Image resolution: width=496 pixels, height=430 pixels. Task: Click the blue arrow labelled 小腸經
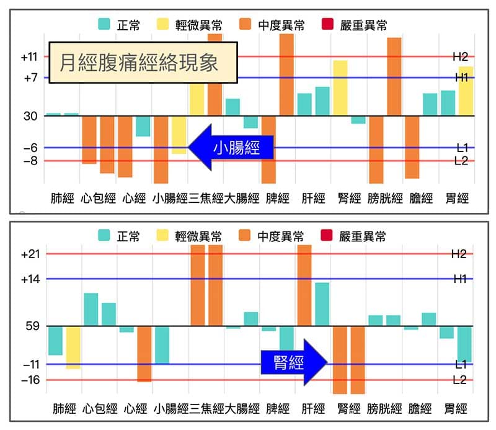pyautogui.click(x=231, y=148)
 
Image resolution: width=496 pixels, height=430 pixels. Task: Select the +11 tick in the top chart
pyautogui.click(x=29, y=57)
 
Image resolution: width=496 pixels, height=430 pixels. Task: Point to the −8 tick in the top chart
pyautogui.click(x=29, y=161)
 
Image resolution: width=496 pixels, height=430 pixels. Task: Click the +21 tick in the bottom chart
pyautogui.click(x=29, y=254)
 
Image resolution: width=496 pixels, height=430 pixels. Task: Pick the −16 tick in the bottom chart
pyautogui.click(x=29, y=380)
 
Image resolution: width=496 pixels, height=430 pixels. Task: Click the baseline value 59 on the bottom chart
pyautogui.click(x=31, y=326)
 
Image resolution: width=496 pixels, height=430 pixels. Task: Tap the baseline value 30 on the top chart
pyautogui.click(x=31, y=116)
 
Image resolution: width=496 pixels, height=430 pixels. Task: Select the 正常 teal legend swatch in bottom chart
pyautogui.click(x=104, y=236)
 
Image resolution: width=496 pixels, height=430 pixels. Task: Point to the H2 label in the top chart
pyautogui.click(x=460, y=57)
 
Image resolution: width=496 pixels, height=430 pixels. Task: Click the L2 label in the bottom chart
pyautogui.click(x=459, y=380)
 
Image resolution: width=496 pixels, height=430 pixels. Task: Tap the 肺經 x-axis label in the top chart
pyautogui.click(x=62, y=199)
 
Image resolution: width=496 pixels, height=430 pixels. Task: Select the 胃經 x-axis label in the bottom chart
pyautogui.click(x=456, y=409)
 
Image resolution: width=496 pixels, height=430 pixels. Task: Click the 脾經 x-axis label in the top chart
pyautogui.click(x=277, y=199)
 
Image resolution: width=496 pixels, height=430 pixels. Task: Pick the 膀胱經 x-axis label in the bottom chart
pyautogui.click(x=384, y=409)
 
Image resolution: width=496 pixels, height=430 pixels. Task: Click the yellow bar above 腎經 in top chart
pyautogui.click(x=340, y=87)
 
